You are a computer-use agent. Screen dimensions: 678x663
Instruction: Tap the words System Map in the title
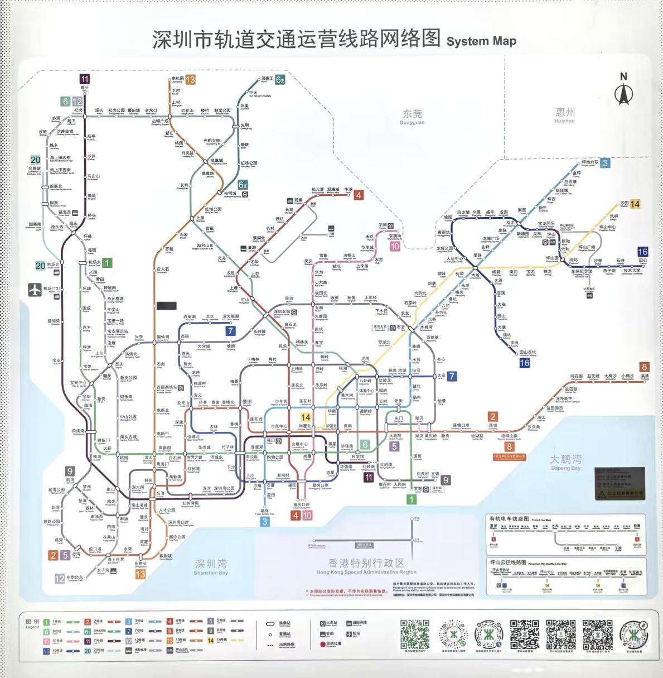(x=481, y=41)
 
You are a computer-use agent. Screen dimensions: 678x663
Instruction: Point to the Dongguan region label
(x=412, y=117)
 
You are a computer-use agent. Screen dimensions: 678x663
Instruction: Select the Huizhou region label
(x=564, y=115)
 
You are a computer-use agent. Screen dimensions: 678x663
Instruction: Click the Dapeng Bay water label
(x=565, y=462)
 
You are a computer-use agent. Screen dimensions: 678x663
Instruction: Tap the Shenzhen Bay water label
(x=211, y=566)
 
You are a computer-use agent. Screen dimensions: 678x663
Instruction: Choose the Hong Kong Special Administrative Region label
(x=366, y=566)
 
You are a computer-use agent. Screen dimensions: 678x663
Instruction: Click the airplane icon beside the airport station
(x=35, y=290)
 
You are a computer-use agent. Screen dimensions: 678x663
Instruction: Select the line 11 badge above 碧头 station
(x=84, y=79)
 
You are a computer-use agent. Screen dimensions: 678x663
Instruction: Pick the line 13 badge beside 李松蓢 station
(x=190, y=80)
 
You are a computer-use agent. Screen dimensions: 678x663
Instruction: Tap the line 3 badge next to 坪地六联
(x=604, y=163)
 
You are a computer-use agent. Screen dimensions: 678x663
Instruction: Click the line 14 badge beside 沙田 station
(x=635, y=204)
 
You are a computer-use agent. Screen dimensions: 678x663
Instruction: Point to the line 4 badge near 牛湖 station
(x=359, y=195)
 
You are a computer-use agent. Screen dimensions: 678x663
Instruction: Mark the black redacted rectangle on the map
(x=166, y=306)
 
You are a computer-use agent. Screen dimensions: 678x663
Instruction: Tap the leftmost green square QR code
(x=413, y=633)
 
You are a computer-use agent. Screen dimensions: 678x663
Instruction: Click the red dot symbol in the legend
(x=322, y=644)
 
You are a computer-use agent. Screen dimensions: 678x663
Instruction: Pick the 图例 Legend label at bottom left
(x=32, y=623)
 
